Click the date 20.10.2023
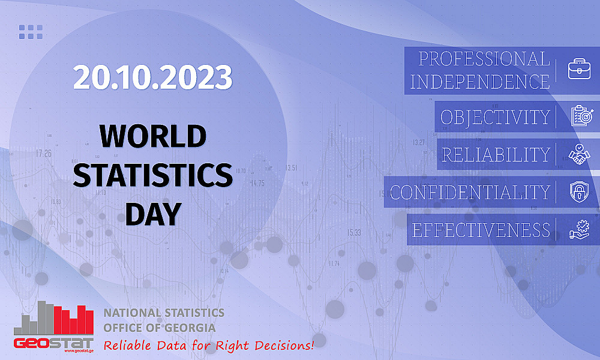pos(152,77)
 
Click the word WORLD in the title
pos(152,136)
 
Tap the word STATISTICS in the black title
pos(156,175)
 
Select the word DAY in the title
pos(152,213)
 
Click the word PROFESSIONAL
pos(484,59)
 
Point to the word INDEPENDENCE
pos(480,82)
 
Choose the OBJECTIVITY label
pos(495,116)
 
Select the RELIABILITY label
pos(496,155)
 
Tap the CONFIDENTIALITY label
pos(470,192)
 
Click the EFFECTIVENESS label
pos(481,230)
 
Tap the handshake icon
pos(580,154)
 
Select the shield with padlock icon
pos(580,192)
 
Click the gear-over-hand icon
pos(580,230)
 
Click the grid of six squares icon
pos(31,31)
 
